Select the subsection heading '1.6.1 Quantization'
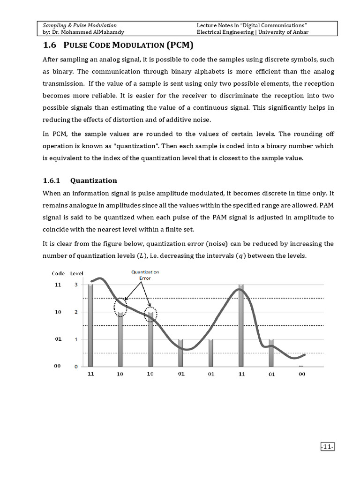pyautogui.click(x=80, y=180)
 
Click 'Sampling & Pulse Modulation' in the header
pyautogui.click(x=80, y=25)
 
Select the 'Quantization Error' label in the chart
pyautogui.click(x=145, y=275)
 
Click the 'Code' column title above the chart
pyautogui.click(x=58, y=273)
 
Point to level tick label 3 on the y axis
pyautogui.click(x=75, y=285)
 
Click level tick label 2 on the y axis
pyautogui.click(x=75, y=312)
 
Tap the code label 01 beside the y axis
pyautogui.click(x=58, y=339)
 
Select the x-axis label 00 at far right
pyautogui.click(x=301, y=374)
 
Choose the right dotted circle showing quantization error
pyautogui.click(x=150, y=315)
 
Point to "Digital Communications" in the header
pyautogui.click(x=271, y=25)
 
